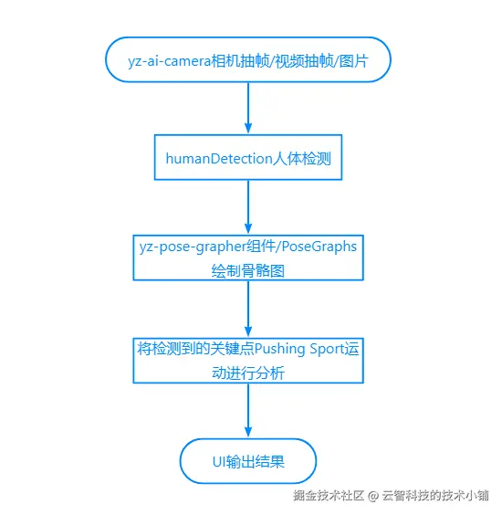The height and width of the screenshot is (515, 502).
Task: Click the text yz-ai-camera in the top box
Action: tap(169, 61)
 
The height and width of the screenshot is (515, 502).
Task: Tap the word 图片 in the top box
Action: tap(353, 61)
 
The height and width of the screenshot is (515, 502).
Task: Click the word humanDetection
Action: tap(219, 159)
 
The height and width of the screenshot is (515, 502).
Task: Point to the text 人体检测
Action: tap(302, 159)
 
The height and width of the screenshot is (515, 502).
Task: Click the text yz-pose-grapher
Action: tap(193, 247)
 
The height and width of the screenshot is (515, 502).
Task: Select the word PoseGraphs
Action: tap(319, 247)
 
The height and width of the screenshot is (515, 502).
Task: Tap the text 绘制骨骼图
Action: tap(248, 271)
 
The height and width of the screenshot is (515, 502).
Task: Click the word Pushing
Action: tap(279, 349)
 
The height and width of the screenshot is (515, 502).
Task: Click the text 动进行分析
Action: tap(248, 373)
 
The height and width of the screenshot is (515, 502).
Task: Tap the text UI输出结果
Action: tap(248, 461)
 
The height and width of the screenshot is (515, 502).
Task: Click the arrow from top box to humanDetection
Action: tap(248, 108)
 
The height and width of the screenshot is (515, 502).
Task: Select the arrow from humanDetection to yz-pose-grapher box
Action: tap(248, 207)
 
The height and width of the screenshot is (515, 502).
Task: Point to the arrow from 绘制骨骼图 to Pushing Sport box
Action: tap(248, 309)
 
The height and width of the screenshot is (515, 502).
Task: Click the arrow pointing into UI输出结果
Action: tap(248, 410)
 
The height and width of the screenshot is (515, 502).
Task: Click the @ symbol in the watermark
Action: tap(373, 495)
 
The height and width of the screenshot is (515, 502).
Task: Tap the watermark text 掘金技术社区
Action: tap(329, 495)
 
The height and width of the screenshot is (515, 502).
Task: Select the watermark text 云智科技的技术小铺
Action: tap(435, 495)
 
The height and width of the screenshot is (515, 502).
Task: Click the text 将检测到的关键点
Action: tap(196, 349)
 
